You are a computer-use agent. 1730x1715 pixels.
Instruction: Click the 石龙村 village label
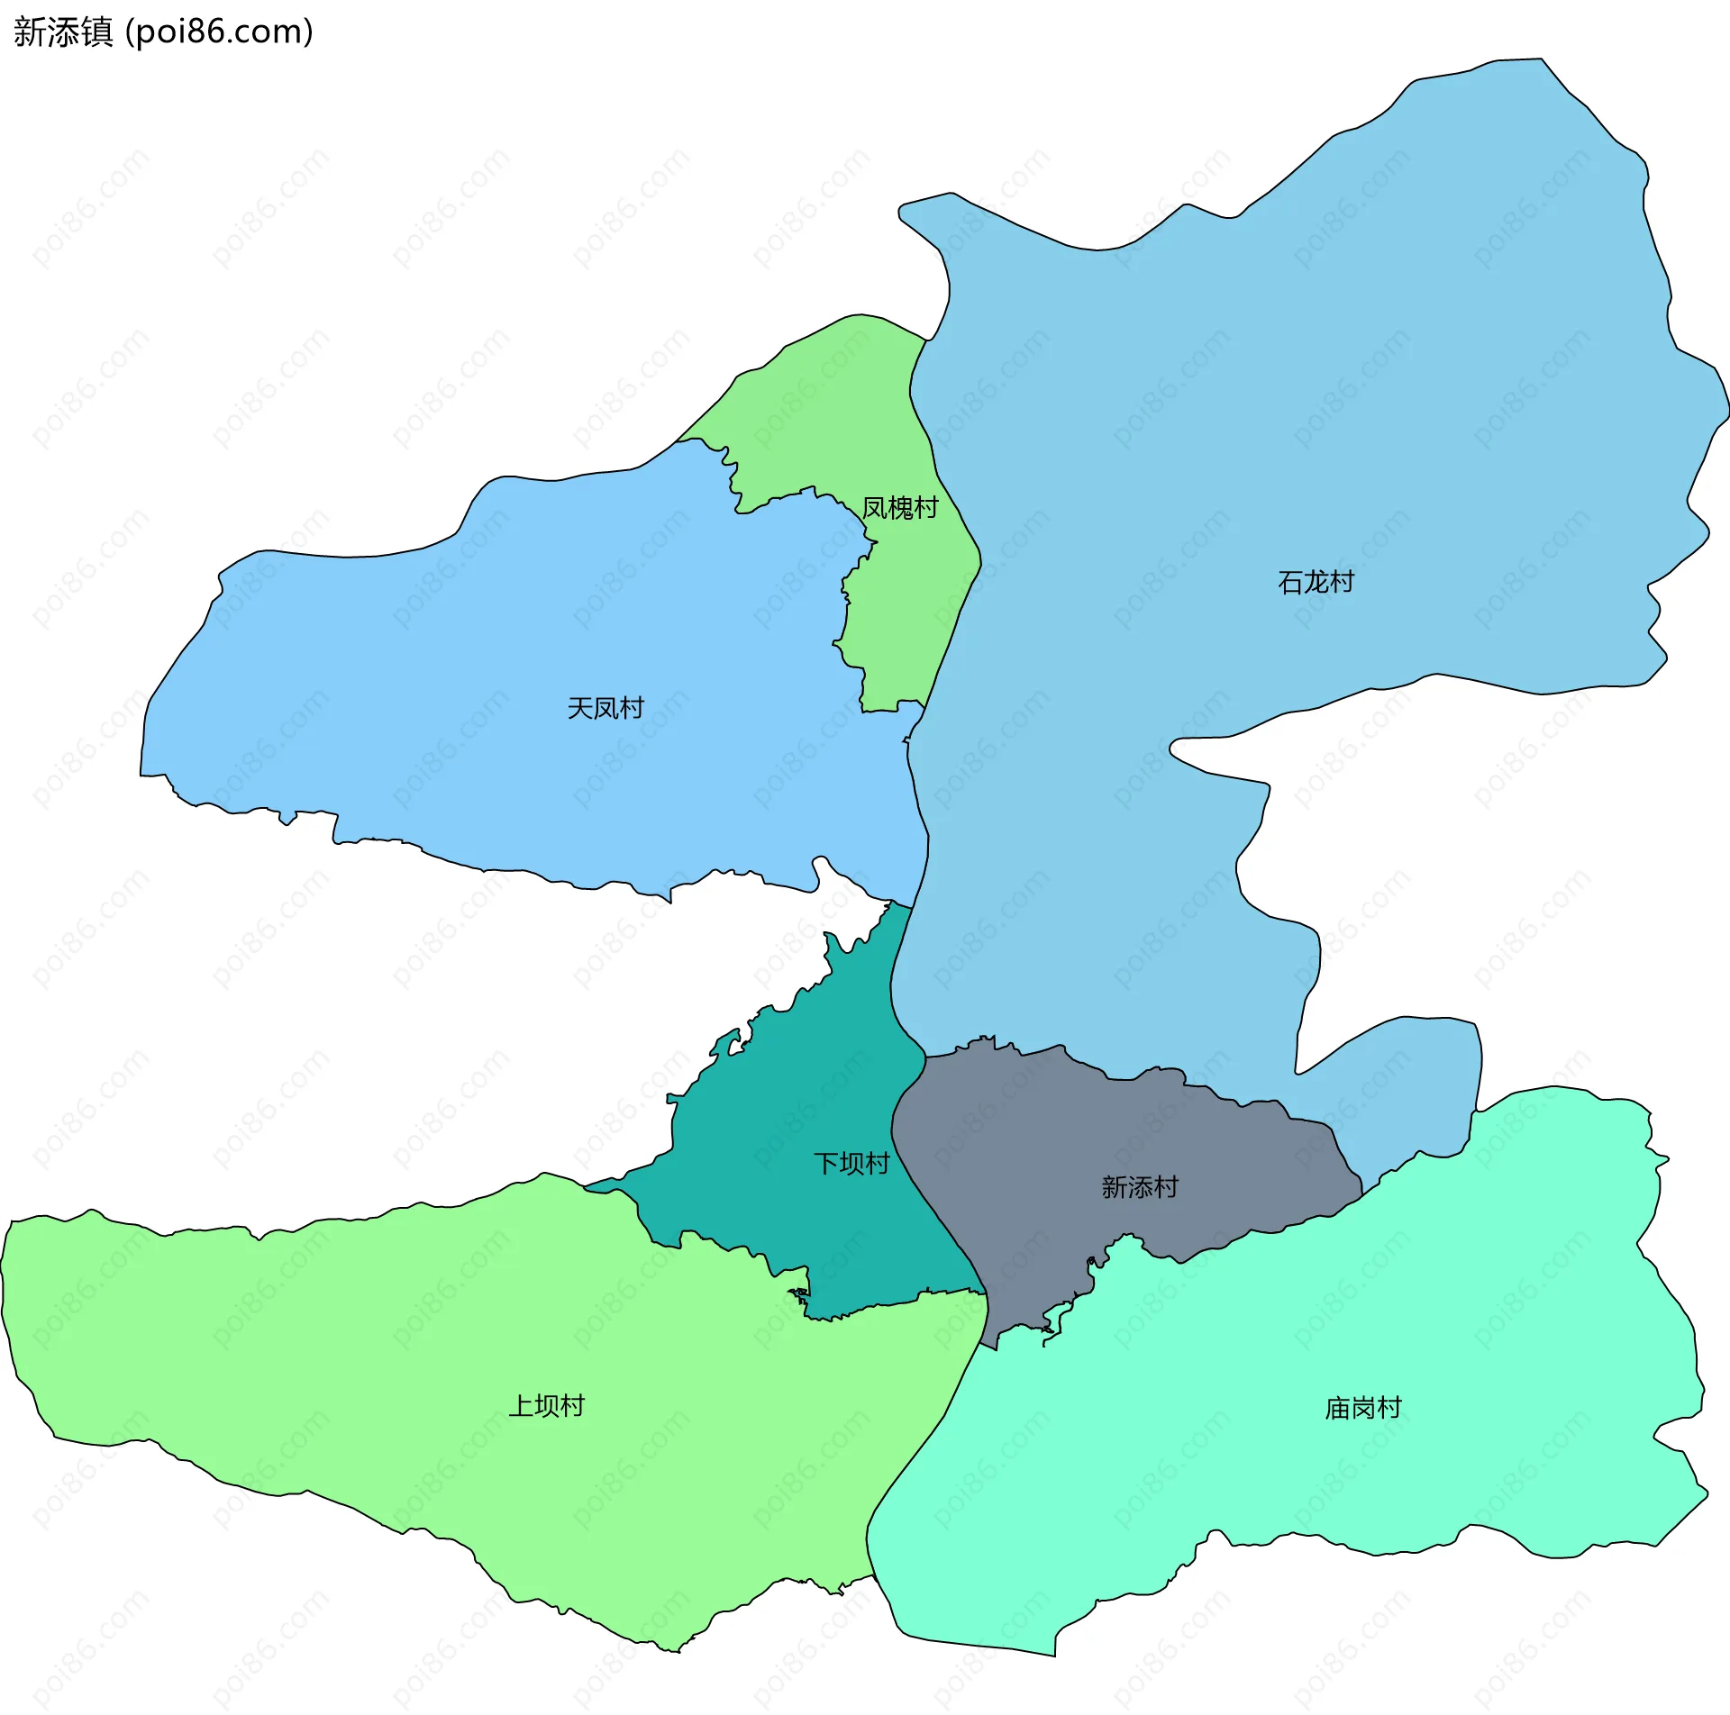pyautogui.click(x=1316, y=583)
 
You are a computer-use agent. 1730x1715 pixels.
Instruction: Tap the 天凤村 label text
pyautogui.click(x=605, y=708)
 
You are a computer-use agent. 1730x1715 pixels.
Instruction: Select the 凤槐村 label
pyautogui.click(x=899, y=508)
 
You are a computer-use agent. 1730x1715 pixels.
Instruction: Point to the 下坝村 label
pyautogui.click(x=851, y=1164)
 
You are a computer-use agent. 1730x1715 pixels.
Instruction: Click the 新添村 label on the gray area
pyautogui.click(x=1140, y=1187)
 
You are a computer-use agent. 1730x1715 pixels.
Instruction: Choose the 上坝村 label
pyautogui.click(x=547, y=1406)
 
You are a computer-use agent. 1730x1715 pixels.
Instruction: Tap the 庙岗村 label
pyautogui.click(x=1363, y=1408)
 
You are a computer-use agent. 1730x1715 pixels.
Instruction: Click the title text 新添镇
pyautogui.click(x=63, y=32)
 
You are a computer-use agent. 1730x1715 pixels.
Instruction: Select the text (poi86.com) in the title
pyautogui.click(x=219, y=32)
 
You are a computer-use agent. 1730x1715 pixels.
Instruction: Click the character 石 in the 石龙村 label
pyautogui.click(x=1290, y=583)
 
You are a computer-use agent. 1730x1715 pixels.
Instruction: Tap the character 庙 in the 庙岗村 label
pyautogui.click(x=1338, y=1408)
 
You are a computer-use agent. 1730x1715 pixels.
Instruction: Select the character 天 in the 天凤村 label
pyautogui.click(x=579, y=708)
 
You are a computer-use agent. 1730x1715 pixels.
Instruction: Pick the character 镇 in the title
pyautogui.click(x=97, y=32)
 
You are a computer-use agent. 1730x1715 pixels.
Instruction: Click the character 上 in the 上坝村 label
pyautogui.click(x=521, y=1406)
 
